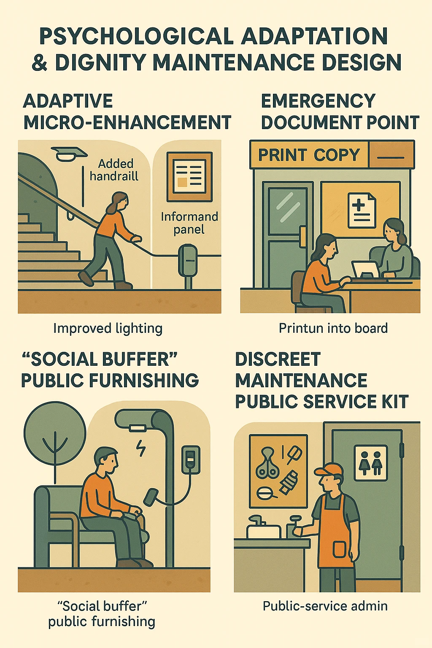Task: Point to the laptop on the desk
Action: pos(365,269)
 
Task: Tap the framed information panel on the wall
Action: pos(189,177)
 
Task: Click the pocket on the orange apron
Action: pos(340,549)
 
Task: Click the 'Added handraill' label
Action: pos(114,170)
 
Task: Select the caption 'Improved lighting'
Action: pos(108,329)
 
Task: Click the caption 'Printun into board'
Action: pos(333,328)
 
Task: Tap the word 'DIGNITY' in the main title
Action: pos(100,62)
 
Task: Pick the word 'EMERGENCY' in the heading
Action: pos(318,101)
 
